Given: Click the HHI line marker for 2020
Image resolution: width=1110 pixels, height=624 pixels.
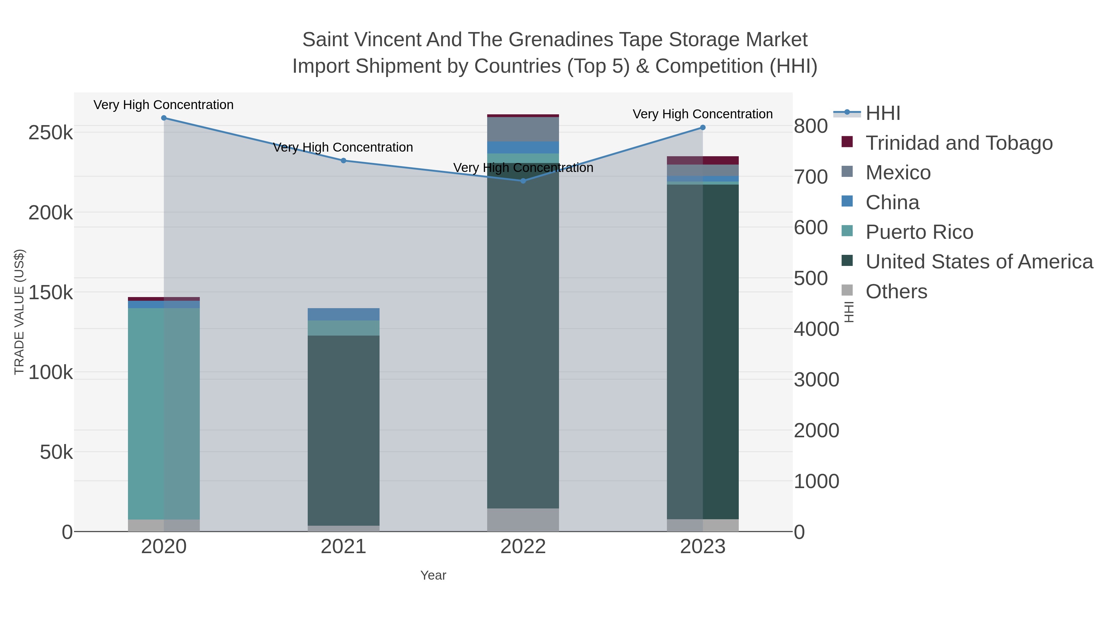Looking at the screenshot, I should coord(164,118).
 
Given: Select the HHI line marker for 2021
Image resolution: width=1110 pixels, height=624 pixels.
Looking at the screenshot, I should coord(343,161).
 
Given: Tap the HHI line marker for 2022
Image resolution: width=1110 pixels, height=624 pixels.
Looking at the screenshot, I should coord(523,181).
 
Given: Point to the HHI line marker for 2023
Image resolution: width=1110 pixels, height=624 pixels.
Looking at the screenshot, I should coord(703,128).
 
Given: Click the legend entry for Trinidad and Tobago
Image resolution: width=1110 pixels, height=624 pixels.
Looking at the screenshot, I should coord(959,143).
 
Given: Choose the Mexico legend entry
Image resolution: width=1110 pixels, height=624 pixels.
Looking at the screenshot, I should coord(898,173).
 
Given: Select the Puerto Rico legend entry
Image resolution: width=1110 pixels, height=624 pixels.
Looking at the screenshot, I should coord(919,232).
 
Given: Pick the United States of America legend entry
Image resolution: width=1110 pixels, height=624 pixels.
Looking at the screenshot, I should coord(979,262).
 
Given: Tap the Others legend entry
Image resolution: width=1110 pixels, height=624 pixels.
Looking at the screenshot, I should coord(896,292).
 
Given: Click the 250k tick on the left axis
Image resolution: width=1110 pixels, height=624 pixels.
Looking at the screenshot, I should coord(51,133).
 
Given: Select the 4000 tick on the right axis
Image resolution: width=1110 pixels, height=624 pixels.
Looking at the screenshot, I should coord(816,329).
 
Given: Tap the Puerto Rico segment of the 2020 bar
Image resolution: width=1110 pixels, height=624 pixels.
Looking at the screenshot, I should coord(164,414).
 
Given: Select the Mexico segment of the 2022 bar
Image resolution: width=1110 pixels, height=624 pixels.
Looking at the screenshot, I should coord(523,129).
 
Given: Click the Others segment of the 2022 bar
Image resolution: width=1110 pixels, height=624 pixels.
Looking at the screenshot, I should coord(523,520).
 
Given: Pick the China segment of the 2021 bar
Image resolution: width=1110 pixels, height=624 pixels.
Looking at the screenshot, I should coord(343,314).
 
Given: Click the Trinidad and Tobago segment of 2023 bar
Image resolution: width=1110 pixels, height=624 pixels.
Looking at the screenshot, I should coord(703,160).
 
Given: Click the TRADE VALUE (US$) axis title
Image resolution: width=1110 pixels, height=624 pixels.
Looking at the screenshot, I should coord(19,312).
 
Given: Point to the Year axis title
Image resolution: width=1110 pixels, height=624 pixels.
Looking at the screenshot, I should coord(433,575).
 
